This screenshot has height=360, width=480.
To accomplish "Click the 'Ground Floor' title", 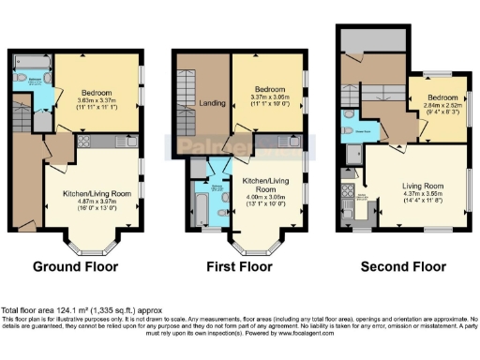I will pyautogui.click(x=76, y=266).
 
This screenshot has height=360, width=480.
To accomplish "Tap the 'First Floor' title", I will pyautogui.click(x=237, y=266).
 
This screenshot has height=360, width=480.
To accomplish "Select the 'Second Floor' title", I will pyautogui.click(x=403, y=266).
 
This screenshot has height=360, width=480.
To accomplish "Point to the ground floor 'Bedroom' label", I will pyautogui.click(x=96, y=93).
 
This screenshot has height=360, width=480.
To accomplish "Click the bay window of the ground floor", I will pyautogui.click(x=88, y=243).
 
